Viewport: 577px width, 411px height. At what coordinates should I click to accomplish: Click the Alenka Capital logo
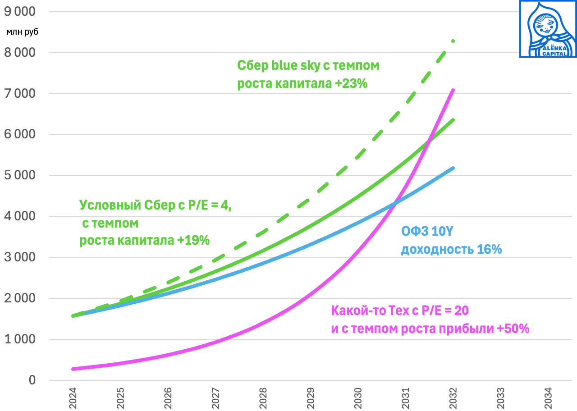coord(548,29)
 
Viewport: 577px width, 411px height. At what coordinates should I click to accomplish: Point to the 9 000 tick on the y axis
coord(20,12)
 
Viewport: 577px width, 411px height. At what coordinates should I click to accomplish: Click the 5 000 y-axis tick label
coord(20,175)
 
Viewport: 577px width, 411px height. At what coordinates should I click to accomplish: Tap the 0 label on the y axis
coord(32,380)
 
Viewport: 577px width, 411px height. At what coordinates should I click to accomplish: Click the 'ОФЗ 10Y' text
coord(427,232)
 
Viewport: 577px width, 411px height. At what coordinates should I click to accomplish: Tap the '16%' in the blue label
coord(490,249)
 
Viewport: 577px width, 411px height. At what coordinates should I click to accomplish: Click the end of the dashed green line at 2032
coord(453,41)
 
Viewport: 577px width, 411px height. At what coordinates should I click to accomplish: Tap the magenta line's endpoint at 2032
coord(453,90)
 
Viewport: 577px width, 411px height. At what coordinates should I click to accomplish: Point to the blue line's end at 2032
coord(453,168)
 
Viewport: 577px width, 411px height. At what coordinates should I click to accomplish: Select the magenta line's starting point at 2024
coord(73,369)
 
